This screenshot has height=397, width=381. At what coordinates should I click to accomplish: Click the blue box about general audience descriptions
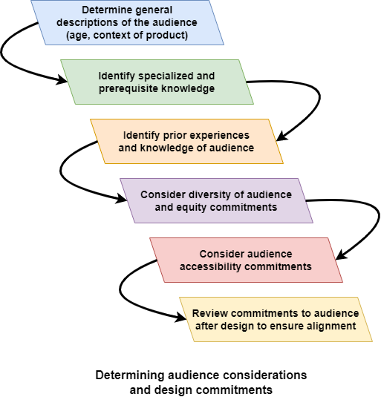tap(128, 22)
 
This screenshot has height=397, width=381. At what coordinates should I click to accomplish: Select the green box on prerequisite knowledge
tap(157, 82)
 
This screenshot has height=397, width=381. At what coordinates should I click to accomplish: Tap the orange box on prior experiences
tap(186, 141)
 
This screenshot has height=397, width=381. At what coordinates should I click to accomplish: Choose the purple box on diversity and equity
tap(216, 201)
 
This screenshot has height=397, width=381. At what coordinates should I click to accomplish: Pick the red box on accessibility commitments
tap(247, 260)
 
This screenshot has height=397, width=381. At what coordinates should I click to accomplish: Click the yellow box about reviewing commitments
tap(276, 320)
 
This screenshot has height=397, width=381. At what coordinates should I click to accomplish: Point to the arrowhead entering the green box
tap(62, 80)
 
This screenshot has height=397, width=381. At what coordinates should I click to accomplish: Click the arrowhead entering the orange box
tap(282, 136)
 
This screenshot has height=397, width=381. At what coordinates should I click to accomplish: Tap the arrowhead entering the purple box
tap(121, 199)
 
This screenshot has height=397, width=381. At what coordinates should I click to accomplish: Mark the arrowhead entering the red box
tap(341, 255)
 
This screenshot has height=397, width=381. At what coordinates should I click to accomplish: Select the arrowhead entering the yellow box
tap(181, 318)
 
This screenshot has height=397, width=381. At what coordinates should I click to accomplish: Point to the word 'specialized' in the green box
tap(163, 76)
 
